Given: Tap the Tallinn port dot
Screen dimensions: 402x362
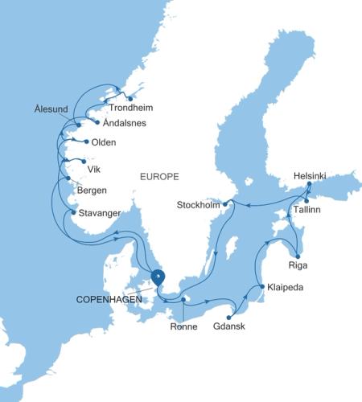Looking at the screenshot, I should tap(307, 200).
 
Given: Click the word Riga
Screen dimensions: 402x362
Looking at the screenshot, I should tap(298, 264).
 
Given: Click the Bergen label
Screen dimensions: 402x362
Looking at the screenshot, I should tap(92, 191).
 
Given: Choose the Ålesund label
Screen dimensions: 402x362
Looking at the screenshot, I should tap(51, 108).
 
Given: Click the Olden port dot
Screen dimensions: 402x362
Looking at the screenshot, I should tap(85, 143).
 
